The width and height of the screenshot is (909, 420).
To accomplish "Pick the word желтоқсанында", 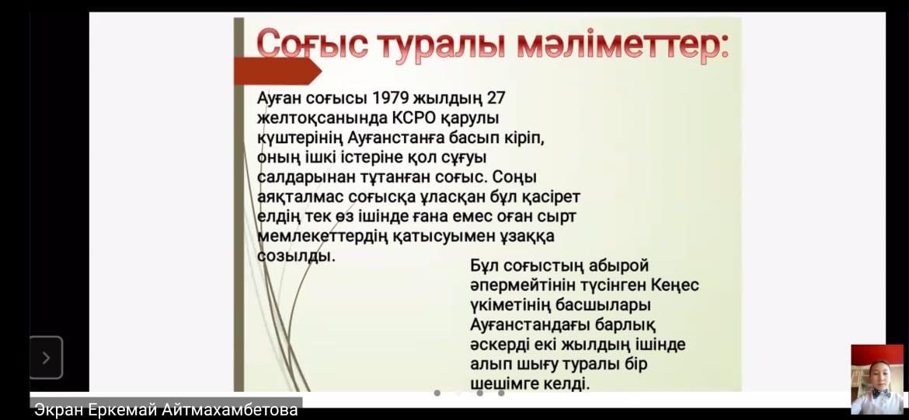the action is click(322, 117).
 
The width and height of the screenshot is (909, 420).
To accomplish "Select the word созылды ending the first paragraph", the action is click(296, 257).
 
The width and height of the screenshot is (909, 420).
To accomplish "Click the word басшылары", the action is click(604, 306).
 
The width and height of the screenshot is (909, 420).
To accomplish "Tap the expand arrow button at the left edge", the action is click(47, 358).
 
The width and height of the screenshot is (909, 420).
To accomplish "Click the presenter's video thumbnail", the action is click(877, 380).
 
